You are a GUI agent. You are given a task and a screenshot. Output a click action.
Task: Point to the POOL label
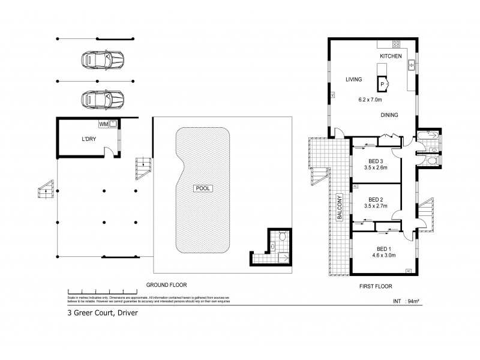(x=202, y=188)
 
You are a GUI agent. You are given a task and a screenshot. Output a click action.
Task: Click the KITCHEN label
(x=390, y=56)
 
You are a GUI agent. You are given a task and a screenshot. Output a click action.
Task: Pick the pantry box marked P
(x=382, y=84)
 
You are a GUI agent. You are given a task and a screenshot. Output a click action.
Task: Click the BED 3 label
(x=376, y=160)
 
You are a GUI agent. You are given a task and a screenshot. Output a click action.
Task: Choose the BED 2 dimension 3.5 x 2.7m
(x=376, y=206)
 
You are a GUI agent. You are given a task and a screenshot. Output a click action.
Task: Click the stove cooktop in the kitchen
(x=396, y=44)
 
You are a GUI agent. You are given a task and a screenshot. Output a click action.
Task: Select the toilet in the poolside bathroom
(x=273, y=244)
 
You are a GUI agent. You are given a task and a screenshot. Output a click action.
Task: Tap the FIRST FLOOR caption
(x=371, y=286)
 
